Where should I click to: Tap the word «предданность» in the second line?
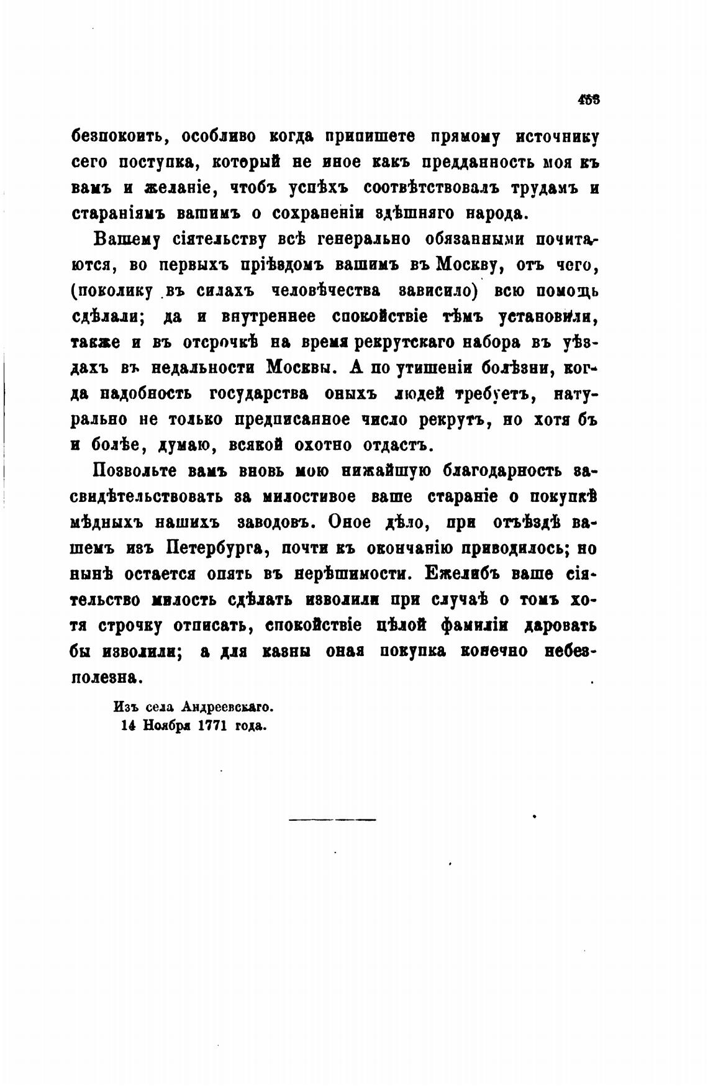tap(470, 162)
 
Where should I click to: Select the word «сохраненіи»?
tap(320, 214)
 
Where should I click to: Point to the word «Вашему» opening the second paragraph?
tap(126, 239)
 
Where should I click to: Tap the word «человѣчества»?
tap(327, 291)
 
